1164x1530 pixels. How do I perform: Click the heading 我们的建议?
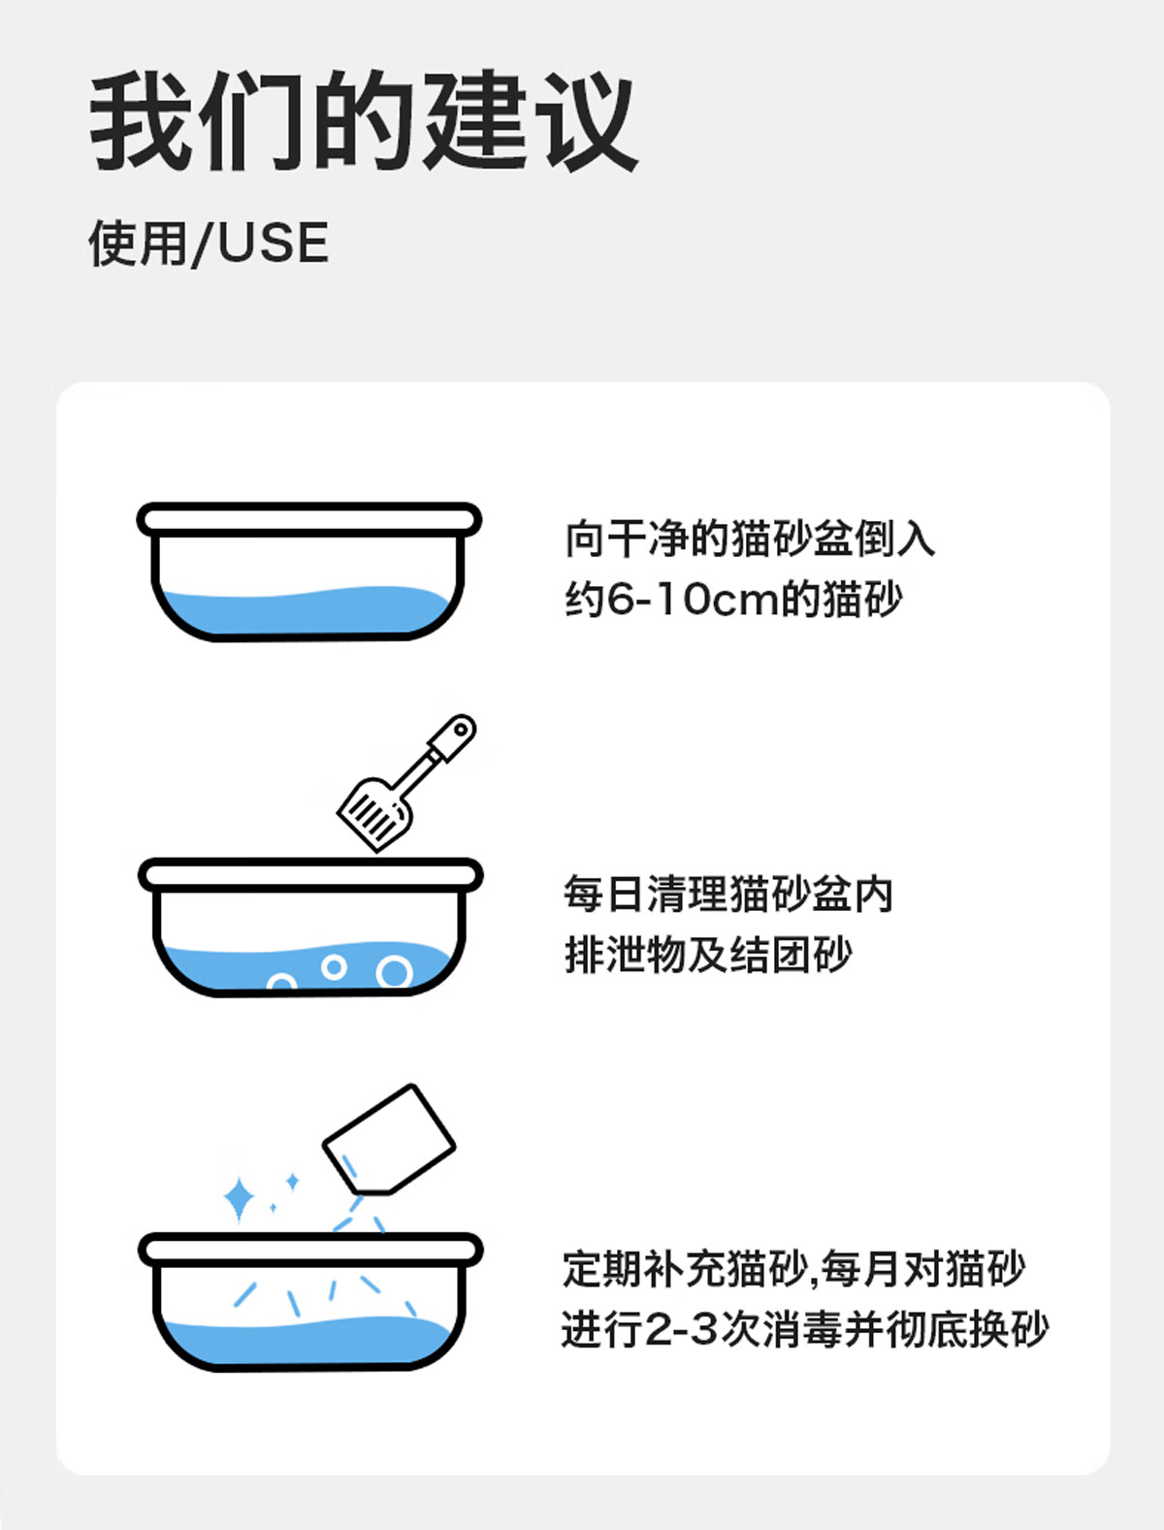[364, 120]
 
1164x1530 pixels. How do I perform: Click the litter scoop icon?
[406, 783]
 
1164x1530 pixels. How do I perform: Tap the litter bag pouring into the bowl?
[389, 1140]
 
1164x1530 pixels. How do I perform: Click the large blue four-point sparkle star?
[239, 1199]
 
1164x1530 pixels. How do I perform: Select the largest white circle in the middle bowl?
[394, 972]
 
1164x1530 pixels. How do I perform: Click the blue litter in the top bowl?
[306, 610]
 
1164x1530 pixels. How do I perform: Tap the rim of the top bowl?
[309, 519]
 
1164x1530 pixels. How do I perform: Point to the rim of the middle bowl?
[310, 875]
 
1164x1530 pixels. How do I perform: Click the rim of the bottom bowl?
[310, 1250]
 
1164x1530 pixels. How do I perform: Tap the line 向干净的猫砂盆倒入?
[750, 538]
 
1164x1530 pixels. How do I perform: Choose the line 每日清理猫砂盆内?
[728, 894]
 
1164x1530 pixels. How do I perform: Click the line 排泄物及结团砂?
[708, 955]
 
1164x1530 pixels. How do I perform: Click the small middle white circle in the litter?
[334, 966]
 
